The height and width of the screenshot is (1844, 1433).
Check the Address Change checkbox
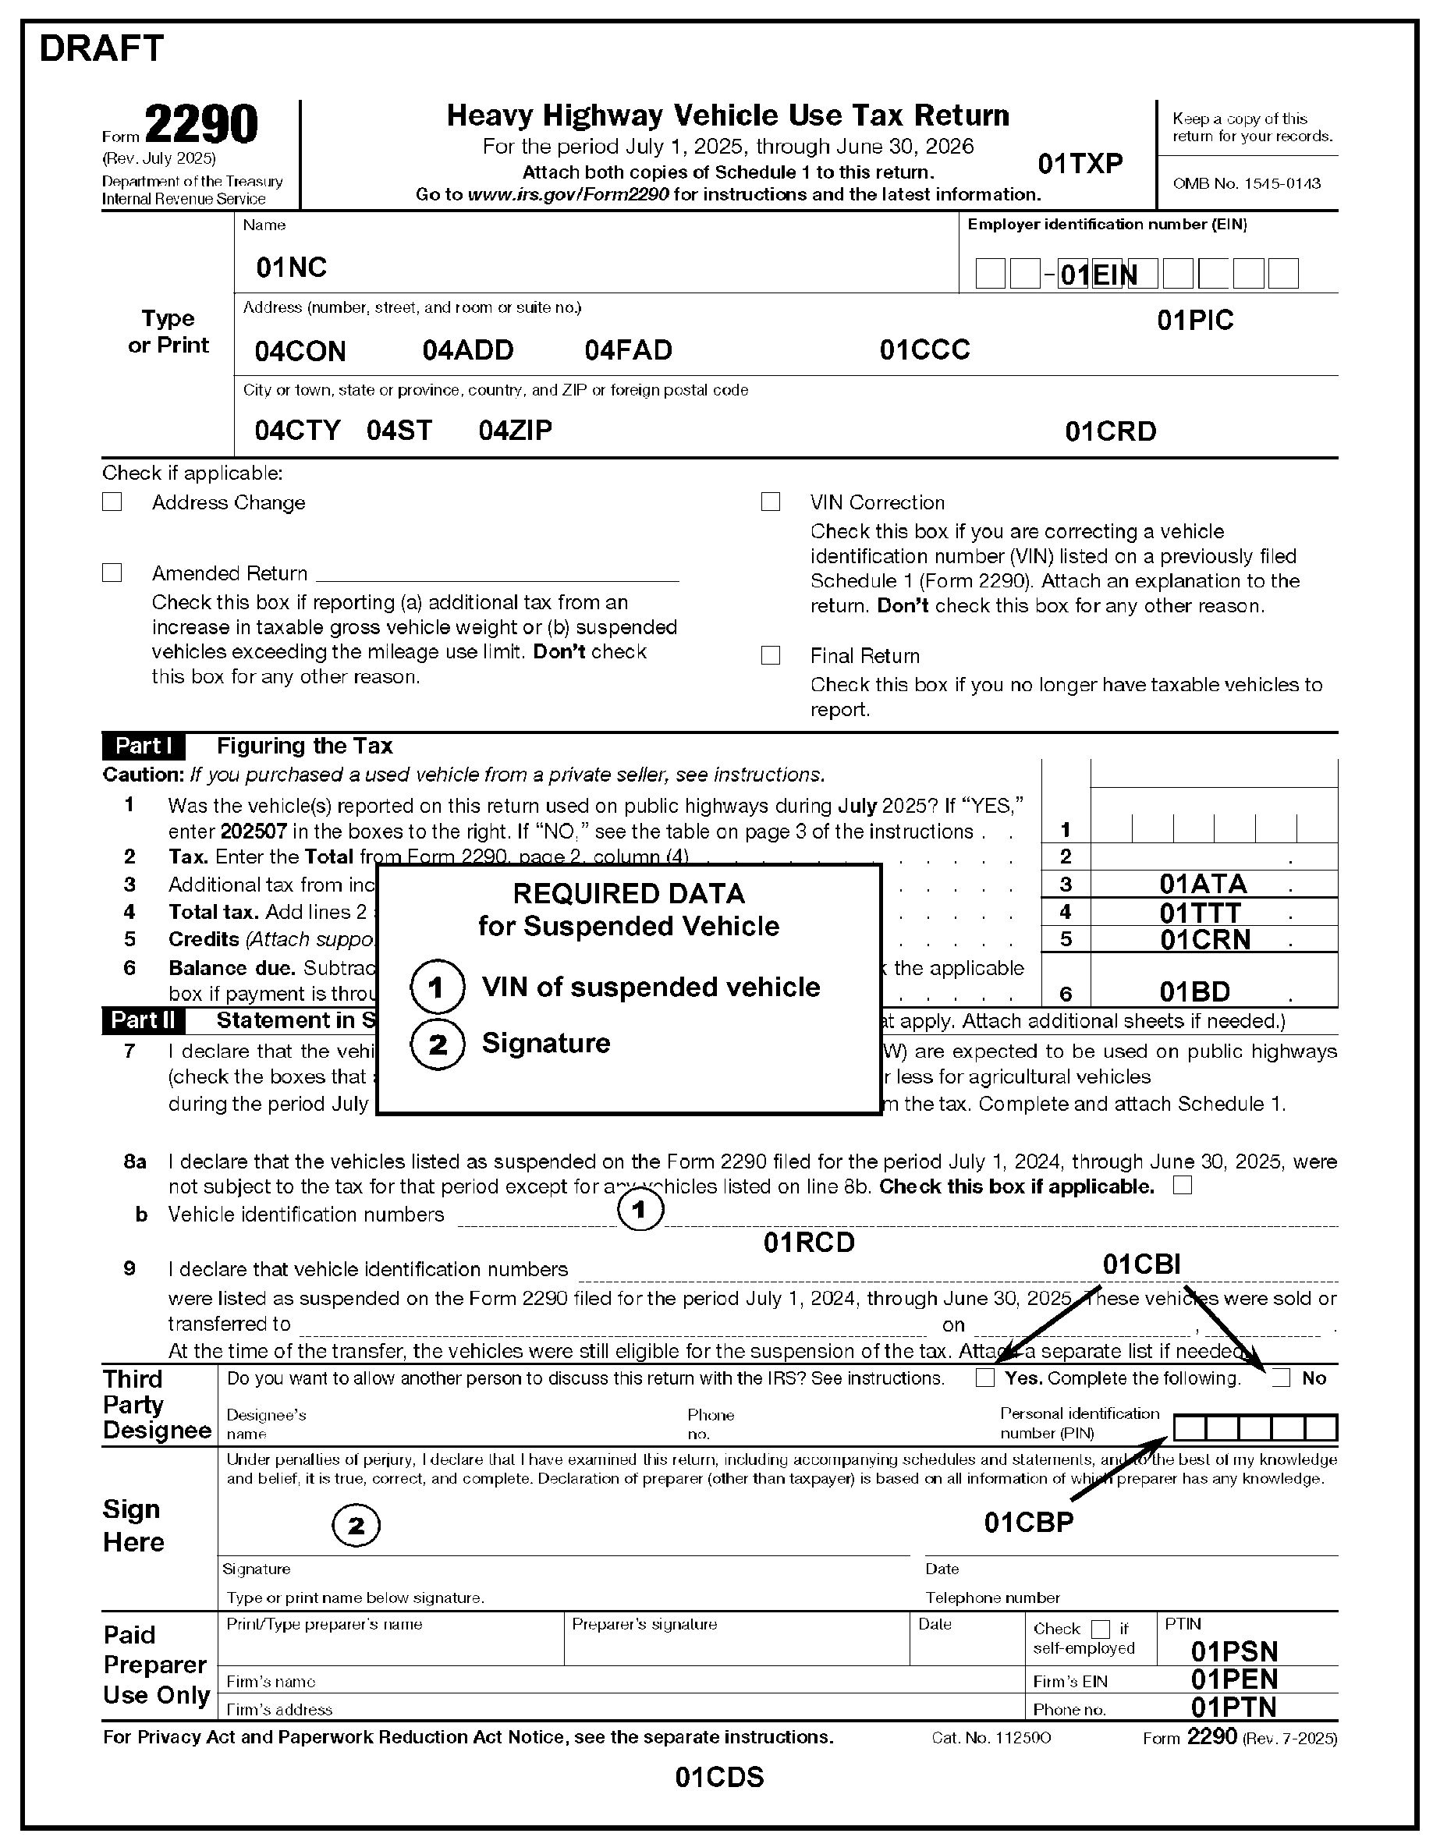(x=112, y=502)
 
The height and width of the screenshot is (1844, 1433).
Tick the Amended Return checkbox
(x=112, y=573)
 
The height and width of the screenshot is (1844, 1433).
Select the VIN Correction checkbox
(x=770, y=502)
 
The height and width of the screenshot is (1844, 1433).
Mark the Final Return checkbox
(x=770, y=655)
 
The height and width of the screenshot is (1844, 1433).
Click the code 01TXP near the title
(x=1080, y=164)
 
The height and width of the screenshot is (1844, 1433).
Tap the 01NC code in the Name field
(x=291, y=268)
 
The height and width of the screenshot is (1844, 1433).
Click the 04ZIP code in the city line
(x=515, y=430)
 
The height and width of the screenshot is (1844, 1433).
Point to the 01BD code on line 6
(x=1194, y=991)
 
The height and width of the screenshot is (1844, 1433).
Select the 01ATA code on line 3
(x=1202, y=884)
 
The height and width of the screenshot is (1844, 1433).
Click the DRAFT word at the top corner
(x=101, y=49)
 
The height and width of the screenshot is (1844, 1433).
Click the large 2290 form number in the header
(x=201, y=125)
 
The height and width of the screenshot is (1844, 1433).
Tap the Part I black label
(x=144, y=746)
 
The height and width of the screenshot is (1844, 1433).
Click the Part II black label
(x=144, y=1020)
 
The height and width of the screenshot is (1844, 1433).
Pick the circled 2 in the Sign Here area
(x=356, y=1525)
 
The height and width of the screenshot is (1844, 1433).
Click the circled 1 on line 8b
(x=639, y=1210)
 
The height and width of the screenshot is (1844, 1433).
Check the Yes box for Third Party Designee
(x=984, y=1378)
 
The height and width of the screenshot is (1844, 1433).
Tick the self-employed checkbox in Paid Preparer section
(x=1100, y=1629)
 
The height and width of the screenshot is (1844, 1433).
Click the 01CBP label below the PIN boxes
(x=1028, y=1522)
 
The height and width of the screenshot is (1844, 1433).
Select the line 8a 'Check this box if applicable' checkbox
(x=1182, y=1186)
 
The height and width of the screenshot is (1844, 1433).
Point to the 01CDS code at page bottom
(x=719, y=1777)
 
